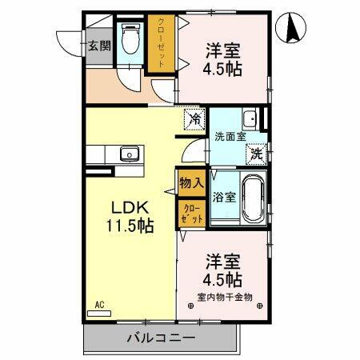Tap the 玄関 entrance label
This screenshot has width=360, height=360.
(x=98, y=45)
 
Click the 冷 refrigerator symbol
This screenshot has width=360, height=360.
(x=194, y=119)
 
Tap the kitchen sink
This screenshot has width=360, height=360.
(x=126, y=154)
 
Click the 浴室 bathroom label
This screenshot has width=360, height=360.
(x=224, y=197)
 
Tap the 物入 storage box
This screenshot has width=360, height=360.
(x=191, y=183)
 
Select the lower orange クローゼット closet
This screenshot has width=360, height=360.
(x=190, y=214)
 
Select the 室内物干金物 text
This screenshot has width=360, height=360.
(x=224, y=297)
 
